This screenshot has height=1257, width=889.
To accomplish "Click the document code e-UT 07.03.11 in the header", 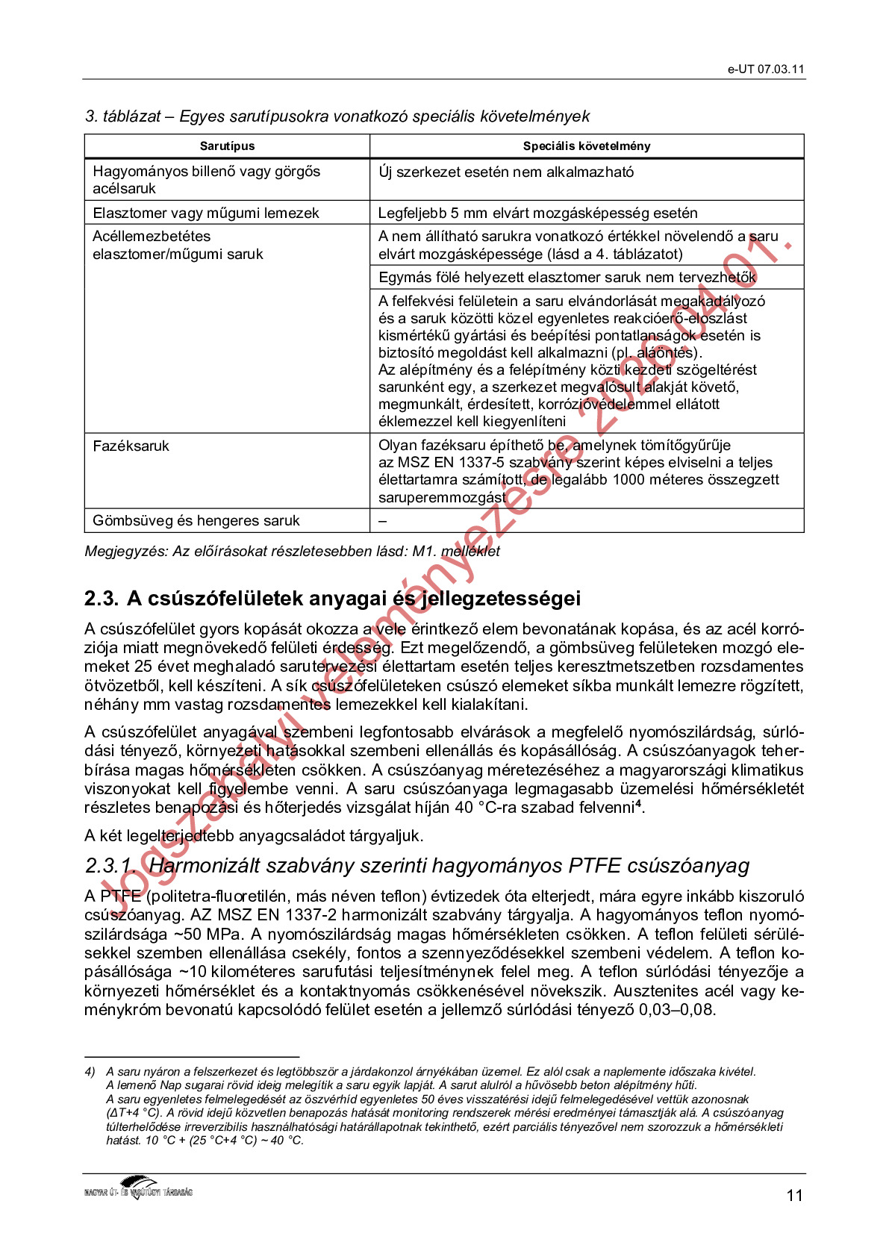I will coord(766,69).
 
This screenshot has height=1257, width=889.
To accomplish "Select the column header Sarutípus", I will coord(227,146).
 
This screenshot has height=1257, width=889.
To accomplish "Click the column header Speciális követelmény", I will coord(586,146).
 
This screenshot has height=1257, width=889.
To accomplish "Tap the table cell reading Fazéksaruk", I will coord(131,446).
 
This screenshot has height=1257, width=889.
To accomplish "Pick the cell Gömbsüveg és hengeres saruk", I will coord(196,521).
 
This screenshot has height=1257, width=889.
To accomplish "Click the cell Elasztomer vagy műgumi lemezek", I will coord(205,213).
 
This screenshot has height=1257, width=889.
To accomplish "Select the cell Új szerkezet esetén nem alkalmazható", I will coord(505,172).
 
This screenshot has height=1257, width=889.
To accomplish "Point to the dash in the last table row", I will coord(382,521).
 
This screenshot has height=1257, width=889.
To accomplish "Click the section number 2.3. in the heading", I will coord(102,599).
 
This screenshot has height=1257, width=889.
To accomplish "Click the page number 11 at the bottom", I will coord(794,1196).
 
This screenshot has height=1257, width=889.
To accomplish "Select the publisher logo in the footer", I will coord(138,1188).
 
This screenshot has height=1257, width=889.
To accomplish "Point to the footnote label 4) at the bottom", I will coord(90,1072).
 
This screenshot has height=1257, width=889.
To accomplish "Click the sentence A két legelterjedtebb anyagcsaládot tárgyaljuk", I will coord(254,836).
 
